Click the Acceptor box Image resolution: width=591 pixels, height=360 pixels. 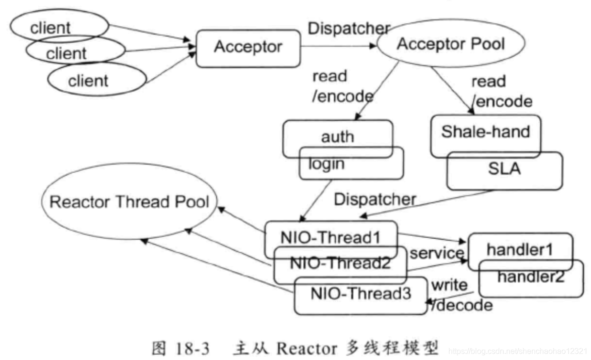[x=247, y=48]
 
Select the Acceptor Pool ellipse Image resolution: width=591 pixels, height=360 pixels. [x=451, y=44]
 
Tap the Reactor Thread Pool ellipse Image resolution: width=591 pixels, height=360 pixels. [x=129, y=201]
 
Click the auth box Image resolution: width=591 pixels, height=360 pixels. [x=337, y=137]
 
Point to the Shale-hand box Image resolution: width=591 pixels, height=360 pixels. [x=485, y=132]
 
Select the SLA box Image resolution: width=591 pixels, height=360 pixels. [x=504, y=170]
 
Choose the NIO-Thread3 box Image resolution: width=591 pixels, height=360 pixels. [x=361, y=294]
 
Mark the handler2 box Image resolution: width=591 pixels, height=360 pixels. [x=532, y=278]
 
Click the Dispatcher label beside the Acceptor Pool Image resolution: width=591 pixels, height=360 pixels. [x=348, y=28]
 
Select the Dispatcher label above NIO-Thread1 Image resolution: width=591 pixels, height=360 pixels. [x=375, y=199]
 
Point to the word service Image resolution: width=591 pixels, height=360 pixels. [x=437, y=253]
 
